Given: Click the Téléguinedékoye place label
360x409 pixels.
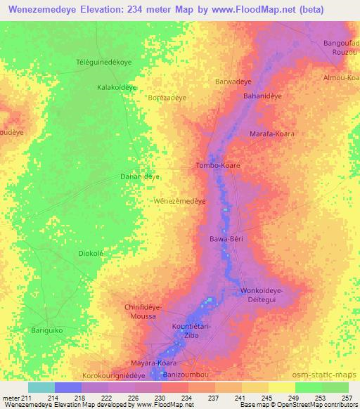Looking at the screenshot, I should [104, 63].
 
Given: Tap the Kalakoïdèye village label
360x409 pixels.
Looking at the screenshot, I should [116, 88].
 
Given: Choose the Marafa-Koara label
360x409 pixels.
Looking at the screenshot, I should [272, 134].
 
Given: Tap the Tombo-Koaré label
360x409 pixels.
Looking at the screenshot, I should [217, 166].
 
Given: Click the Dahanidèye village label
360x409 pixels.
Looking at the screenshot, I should [141, 176].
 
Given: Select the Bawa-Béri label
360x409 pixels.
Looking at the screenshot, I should [226, 239].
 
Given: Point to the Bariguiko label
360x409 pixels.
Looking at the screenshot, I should [48, 329].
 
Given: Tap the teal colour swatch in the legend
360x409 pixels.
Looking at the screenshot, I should [41, 387].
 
